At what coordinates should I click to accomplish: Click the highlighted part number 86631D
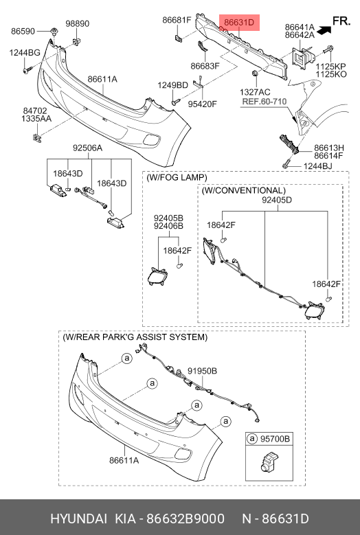click(239, 23)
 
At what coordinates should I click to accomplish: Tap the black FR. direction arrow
click(324, 30)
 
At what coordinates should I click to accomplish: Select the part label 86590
click(23, 31)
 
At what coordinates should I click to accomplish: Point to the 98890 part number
click(78, 23)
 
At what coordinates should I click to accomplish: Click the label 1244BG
click(25, 53)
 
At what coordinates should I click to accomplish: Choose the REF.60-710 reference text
click(265, 102)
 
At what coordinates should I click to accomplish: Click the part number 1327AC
click(255, 92)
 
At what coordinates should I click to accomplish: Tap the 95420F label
click(203, 104)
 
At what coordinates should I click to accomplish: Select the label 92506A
click(87, 148)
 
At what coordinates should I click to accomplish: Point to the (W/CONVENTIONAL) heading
click(244, 190)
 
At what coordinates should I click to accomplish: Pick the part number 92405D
click(277, 200)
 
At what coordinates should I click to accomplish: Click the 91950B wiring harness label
click(203, 371)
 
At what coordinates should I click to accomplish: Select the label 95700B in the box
click(275, 438)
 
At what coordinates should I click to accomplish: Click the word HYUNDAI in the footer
click(78, 519)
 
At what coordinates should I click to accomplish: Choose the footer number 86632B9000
click(185, 519)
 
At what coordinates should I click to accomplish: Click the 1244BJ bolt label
click(317, 166)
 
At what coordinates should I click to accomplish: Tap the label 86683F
click(205, 65)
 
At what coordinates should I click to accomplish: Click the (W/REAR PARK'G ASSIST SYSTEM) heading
click(135, 337)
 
